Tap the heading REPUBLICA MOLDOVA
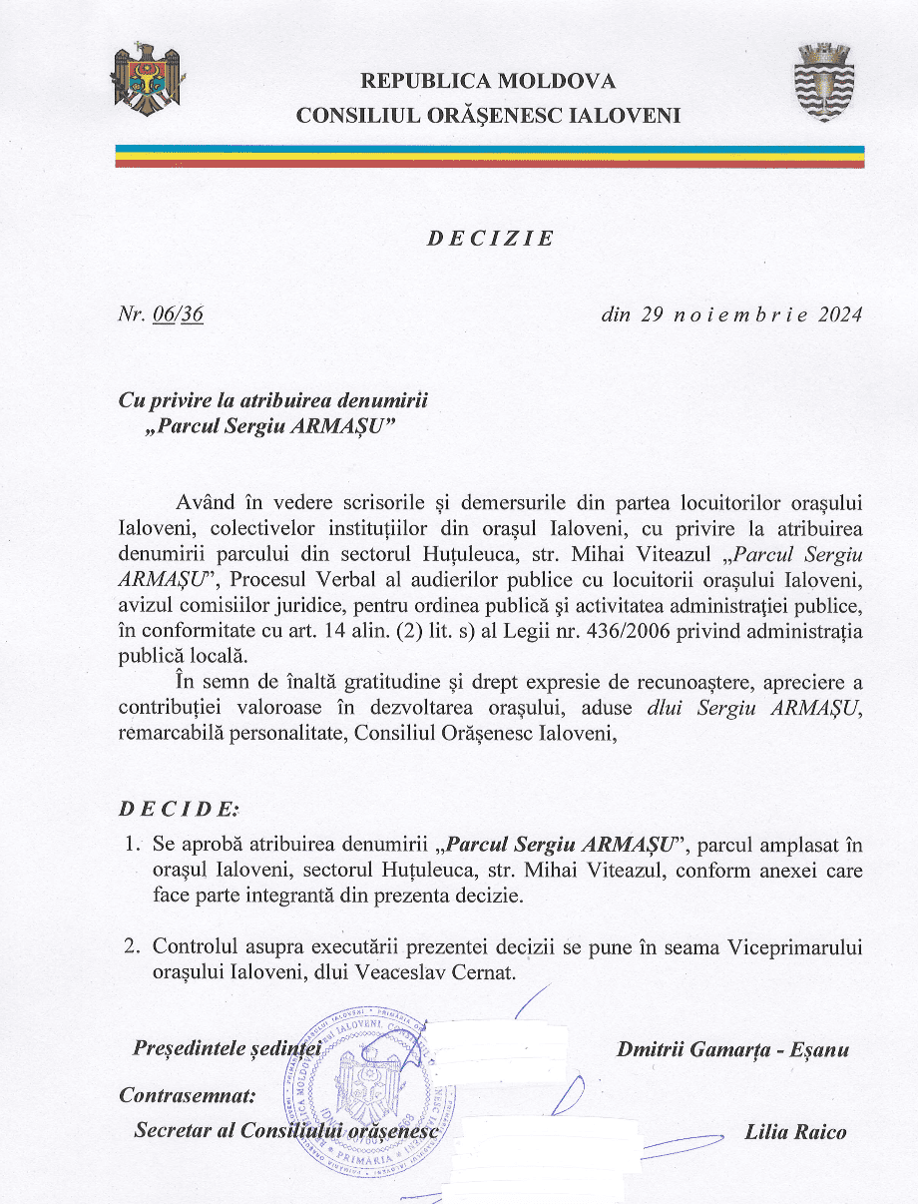click(488, 81)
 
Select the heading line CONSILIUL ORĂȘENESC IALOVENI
click(488, 115)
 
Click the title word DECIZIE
click(490, 239)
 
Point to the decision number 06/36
click(180, 314)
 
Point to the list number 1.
click(132, 846)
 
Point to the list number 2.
click(132, 946)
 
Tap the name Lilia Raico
click(795, 1131)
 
